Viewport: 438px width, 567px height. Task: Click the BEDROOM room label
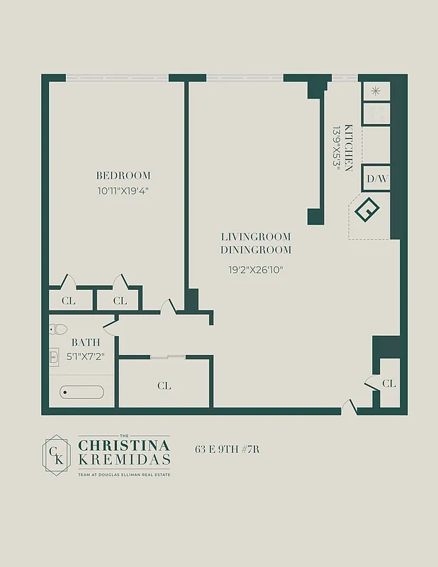(123, 176)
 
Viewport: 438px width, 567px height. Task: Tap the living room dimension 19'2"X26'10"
(256, 269)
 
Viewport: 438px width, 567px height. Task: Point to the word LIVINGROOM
(256, 237)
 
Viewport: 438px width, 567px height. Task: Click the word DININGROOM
(256, 250)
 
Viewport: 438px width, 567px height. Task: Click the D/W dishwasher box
(376, 179)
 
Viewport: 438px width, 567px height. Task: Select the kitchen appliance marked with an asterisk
(376, 91)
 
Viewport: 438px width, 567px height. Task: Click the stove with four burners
(376, 114)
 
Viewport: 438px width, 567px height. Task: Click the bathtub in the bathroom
(82, 392)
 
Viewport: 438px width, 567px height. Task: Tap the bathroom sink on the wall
(54, 357)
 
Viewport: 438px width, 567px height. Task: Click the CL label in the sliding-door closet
(164, 386)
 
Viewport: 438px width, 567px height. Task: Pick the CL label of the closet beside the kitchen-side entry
(389, 383)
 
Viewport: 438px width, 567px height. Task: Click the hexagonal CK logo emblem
(55, 454)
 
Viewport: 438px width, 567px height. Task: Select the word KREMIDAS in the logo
(124, 460)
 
